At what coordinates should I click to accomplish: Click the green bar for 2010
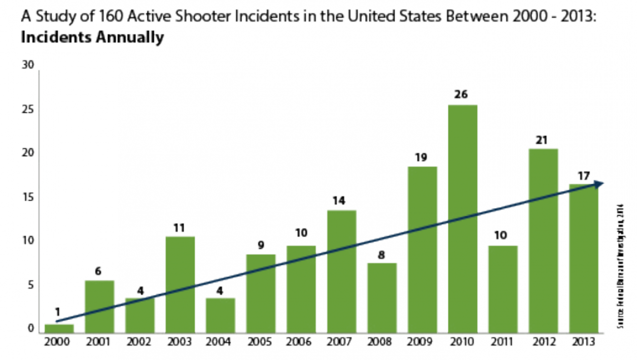(462, 219)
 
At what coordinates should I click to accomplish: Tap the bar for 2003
(180, 284)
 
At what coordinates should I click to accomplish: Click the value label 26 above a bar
(461, 94)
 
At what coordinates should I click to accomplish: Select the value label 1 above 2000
(57, 313)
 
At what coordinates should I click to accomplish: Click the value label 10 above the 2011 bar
(502, 235)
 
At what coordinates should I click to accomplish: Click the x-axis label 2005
(261, 342)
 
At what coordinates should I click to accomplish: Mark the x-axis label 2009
(422, 342)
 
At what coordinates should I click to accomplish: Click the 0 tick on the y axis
(30, 329)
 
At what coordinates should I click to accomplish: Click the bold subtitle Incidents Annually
(92, 37)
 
